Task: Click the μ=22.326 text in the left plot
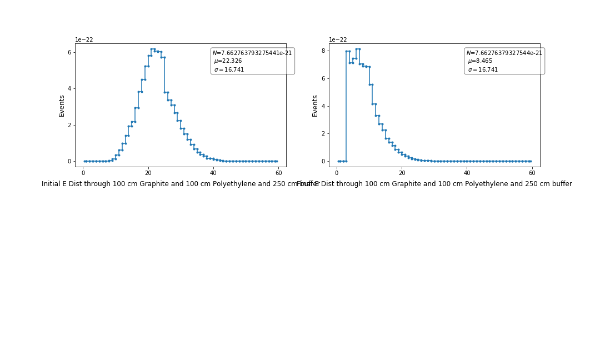point(228,61)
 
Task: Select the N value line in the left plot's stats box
point(252,53)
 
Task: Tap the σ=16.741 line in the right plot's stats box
point(483,70)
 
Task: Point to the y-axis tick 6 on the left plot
point(69,52)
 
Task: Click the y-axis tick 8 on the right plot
point(323,51)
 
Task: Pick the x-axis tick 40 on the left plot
point(213,173)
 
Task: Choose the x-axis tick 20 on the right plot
point(402,173)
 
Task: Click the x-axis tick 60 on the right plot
point(532,173)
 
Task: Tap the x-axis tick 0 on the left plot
point(83,173)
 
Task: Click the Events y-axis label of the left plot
point(62,106)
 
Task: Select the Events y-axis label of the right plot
point(315,106)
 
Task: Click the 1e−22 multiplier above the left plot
point(84,40)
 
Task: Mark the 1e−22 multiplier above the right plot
point(338,40)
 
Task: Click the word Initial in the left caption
point(51,184)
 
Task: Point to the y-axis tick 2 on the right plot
point(323,133)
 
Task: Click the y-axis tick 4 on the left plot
point(69,88)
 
